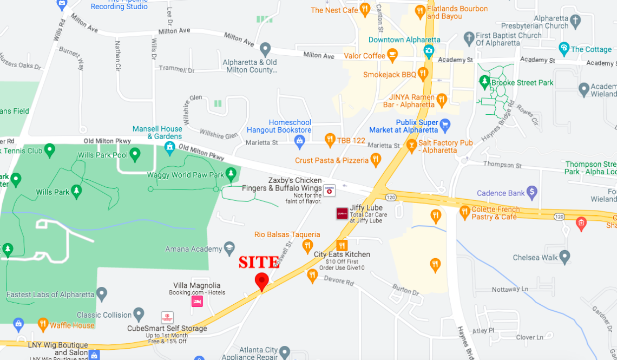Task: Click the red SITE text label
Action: (x=259, y=263)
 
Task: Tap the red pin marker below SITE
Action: (x=262, y=281)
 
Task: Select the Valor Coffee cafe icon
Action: (x=393, y=55)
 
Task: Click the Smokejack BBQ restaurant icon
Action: (x=423, y=74)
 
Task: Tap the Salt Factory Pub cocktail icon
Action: (x=411, y=145)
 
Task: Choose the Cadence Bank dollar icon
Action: (x=532, y=192)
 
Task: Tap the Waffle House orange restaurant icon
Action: (x=43, y=325)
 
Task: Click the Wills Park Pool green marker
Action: (x=135, y=155)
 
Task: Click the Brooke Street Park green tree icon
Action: (x=484, y=82)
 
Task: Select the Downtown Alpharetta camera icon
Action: (x=429, y=51)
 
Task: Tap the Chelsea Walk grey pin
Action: (x=565, y=257)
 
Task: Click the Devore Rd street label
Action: (x=339, y=281)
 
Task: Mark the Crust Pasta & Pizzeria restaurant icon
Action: (x=376, y=160)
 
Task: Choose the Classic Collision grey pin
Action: (x=139, y=314)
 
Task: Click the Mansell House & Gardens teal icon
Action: (x=170, y=146)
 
